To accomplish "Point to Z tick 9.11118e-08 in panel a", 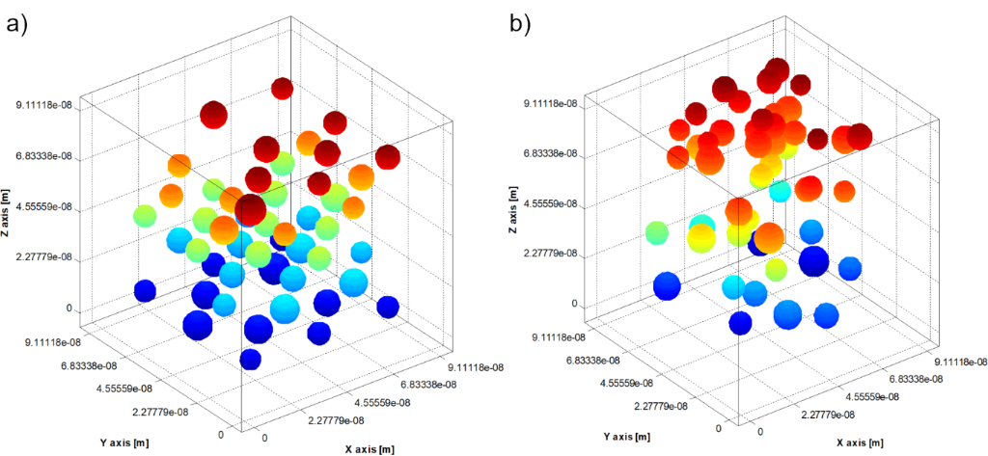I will [x=47, y=105].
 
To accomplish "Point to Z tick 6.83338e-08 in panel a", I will [x=47, y=156].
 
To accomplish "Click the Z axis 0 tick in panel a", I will [x=69, y=309].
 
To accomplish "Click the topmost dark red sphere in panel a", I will [x=282, y=90].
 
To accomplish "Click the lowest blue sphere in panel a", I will [x=250, y=360].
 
